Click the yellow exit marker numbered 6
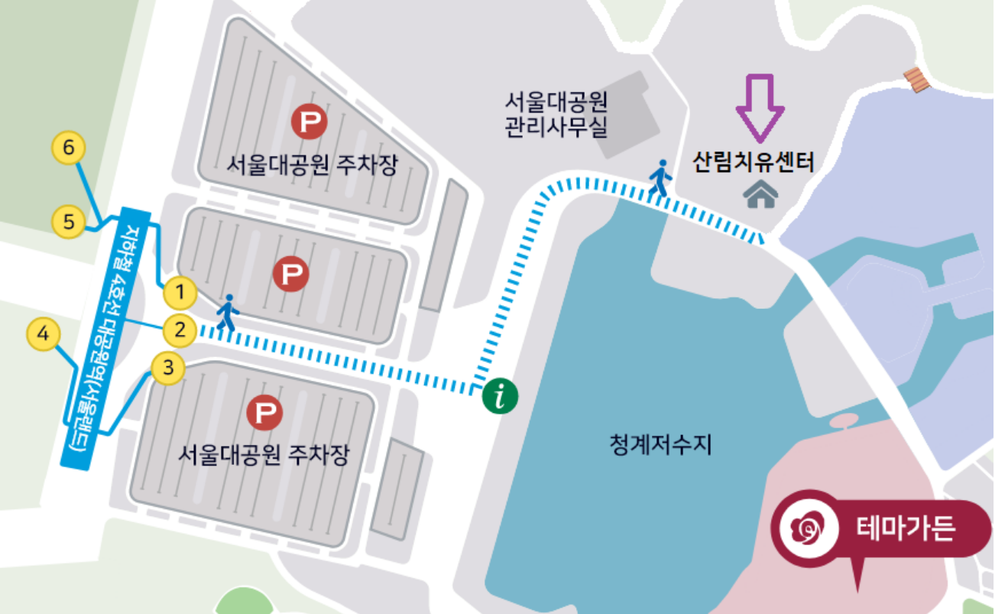tap(68, 148)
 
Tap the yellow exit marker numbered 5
tap(69, 223)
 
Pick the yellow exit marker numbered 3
tap(168, 369)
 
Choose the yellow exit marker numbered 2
tap(180, 330)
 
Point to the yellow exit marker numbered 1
tap(180, 291)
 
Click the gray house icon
tap(760, 195)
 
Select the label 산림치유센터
tap(754, 162)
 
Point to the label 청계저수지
tap(661, 444)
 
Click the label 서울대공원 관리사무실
tap(556, 115)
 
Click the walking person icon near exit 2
tap(226, 313)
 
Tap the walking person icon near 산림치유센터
tap(660, 179)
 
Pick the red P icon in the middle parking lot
tap(290, 273)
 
